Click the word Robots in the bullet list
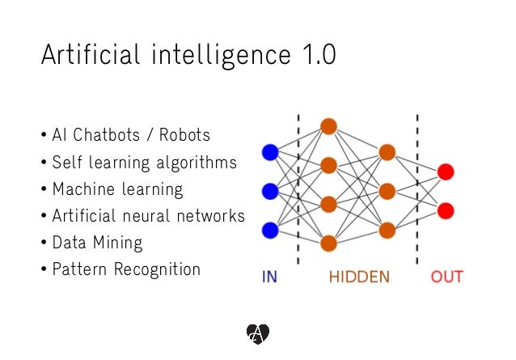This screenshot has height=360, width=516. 183,134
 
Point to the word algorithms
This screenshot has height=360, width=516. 196,163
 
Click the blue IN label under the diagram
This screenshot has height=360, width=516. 269,277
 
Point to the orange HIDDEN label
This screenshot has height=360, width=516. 359,277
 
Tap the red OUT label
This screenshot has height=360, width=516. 446,277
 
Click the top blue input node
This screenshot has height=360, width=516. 270,152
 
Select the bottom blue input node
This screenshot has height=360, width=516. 270,231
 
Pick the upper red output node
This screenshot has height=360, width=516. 446,172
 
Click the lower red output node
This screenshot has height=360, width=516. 446,210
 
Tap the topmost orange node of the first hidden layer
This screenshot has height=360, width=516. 328,126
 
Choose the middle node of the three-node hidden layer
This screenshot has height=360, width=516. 387,191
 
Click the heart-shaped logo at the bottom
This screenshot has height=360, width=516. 257,332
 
